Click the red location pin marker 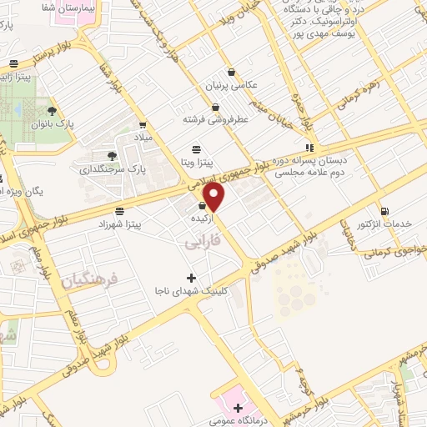(215, 197)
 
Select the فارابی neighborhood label (201, 242)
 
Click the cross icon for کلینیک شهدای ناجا (192, 278)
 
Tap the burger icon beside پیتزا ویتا (195, 149)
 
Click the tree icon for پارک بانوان (53, 110)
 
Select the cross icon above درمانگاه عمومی (239, 408)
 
